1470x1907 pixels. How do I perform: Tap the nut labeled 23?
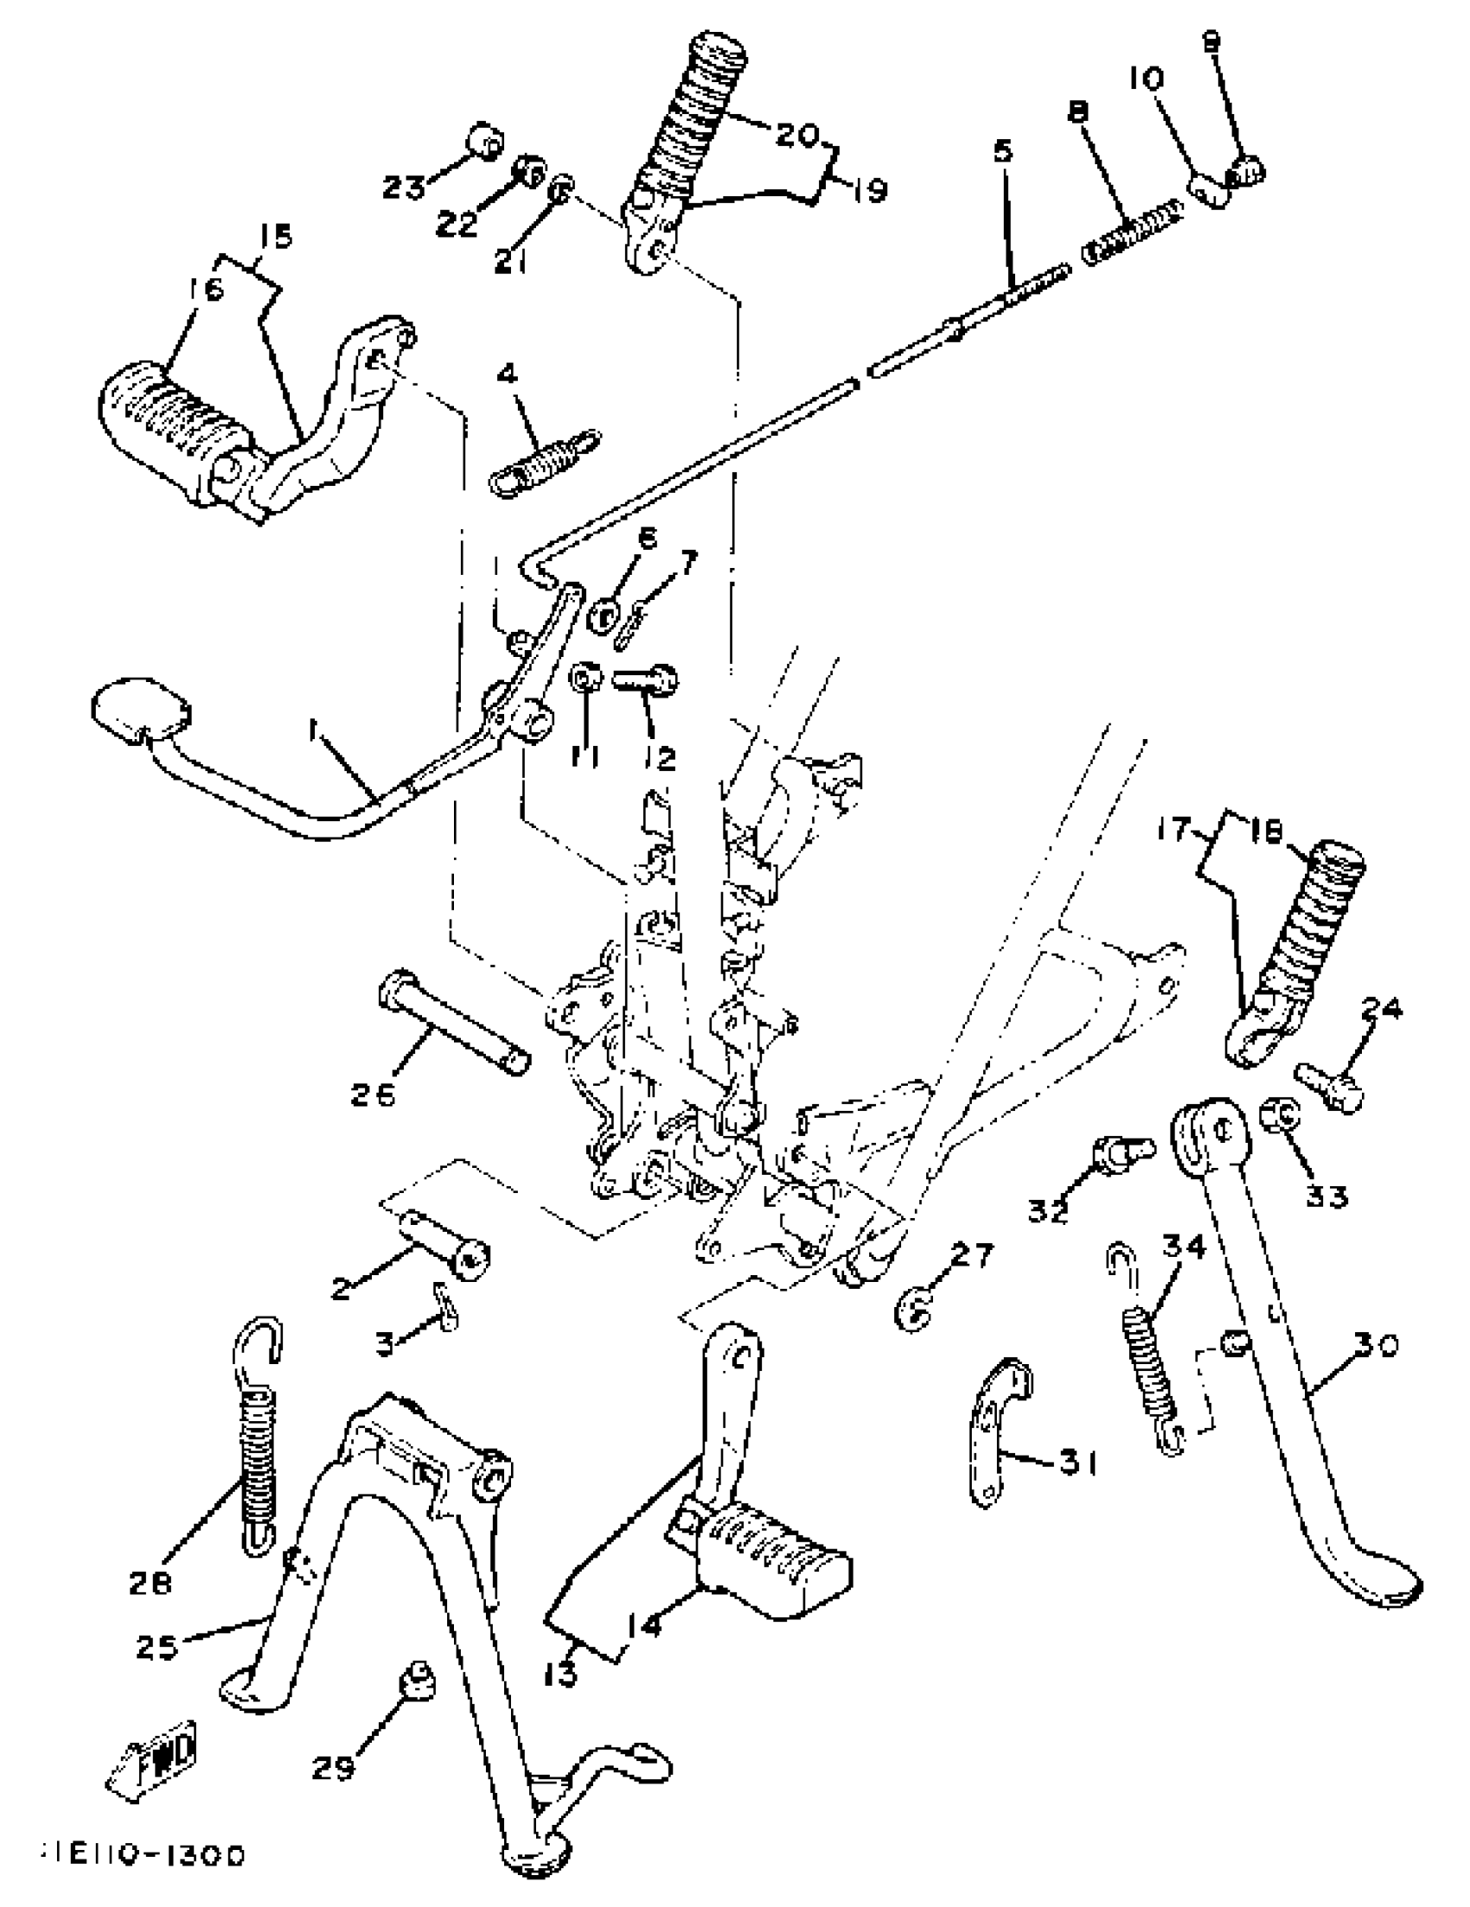484,142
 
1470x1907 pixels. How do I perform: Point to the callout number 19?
868,188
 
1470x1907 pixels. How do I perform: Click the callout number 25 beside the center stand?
157,1647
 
